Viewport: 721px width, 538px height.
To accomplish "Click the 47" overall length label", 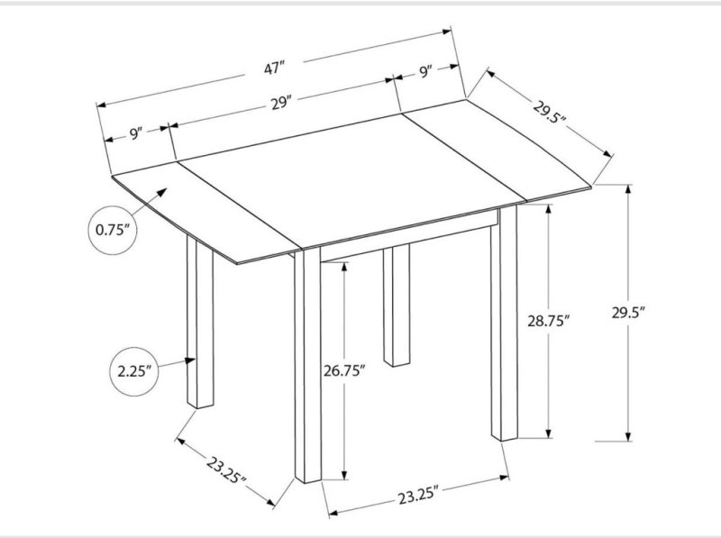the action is pyautogui.click(x=275, y=68).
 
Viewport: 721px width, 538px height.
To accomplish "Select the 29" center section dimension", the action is pyautogui.click(x=281, y=104).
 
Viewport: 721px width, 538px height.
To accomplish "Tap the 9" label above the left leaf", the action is pyautogui.click(x=134, y=134).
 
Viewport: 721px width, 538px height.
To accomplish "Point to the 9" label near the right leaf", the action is pyautogui.click(x=425, y=72).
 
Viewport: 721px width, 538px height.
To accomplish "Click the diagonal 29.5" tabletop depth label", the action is pyautogui.click(x=550, y=112).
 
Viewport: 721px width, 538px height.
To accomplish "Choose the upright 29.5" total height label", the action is pyautogui.click(x=628, y=313).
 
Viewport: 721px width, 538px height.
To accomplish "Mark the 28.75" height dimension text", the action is pyautogui.click(x=549, y=321).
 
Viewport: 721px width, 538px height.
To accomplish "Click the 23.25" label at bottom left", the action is pyautogui.click(x=226, y=470).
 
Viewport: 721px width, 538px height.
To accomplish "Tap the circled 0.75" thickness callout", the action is pyautogui.click(x=112, y=230).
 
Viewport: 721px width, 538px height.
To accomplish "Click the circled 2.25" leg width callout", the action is pyautogui.click(x=134, y=371).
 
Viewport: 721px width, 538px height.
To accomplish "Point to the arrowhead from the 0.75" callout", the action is pyautogui.click(x=162, y=193).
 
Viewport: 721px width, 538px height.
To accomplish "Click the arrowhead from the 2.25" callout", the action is pyautogui.click(x=190, y=360).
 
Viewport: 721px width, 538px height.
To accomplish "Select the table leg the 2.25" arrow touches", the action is pyautogui.click(x=200, y=322).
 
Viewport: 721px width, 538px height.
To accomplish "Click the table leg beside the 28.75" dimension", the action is pyautogui.click(x=504, y=322).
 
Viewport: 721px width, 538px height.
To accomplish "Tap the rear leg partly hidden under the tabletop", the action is pyautogui.click(x=397, y=305).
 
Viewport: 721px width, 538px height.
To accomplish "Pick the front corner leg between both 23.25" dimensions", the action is pyautogui.click(x=307, y=366).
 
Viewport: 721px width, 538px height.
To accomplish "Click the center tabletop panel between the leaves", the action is pyautogui.click(x=351, y=179).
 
